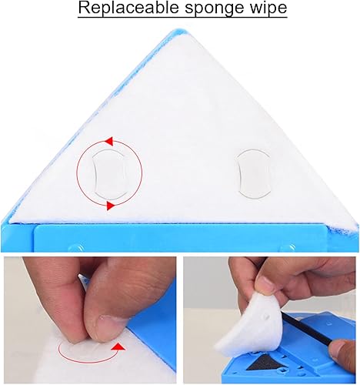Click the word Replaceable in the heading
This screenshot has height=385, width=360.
(128, 7)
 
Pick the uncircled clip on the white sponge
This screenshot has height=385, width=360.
(253, 174)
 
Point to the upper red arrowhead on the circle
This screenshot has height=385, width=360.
(109, 141)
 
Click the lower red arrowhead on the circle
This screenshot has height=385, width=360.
(110, 206)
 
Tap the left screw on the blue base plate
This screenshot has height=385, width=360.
(76, 248)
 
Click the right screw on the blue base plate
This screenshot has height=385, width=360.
(288, 248)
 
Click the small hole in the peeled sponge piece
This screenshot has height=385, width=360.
(268, 317)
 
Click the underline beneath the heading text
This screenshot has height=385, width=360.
(182, 17)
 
